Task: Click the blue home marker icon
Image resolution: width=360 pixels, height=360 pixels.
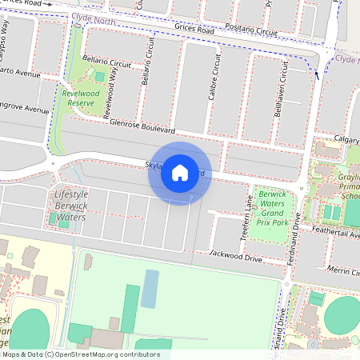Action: (180, 173)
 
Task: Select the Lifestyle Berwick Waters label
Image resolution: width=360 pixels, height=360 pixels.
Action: (70, 206)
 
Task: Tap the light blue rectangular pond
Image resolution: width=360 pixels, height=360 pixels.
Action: (150, 289)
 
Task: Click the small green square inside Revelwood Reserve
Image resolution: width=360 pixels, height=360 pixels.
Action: (99, 77)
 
